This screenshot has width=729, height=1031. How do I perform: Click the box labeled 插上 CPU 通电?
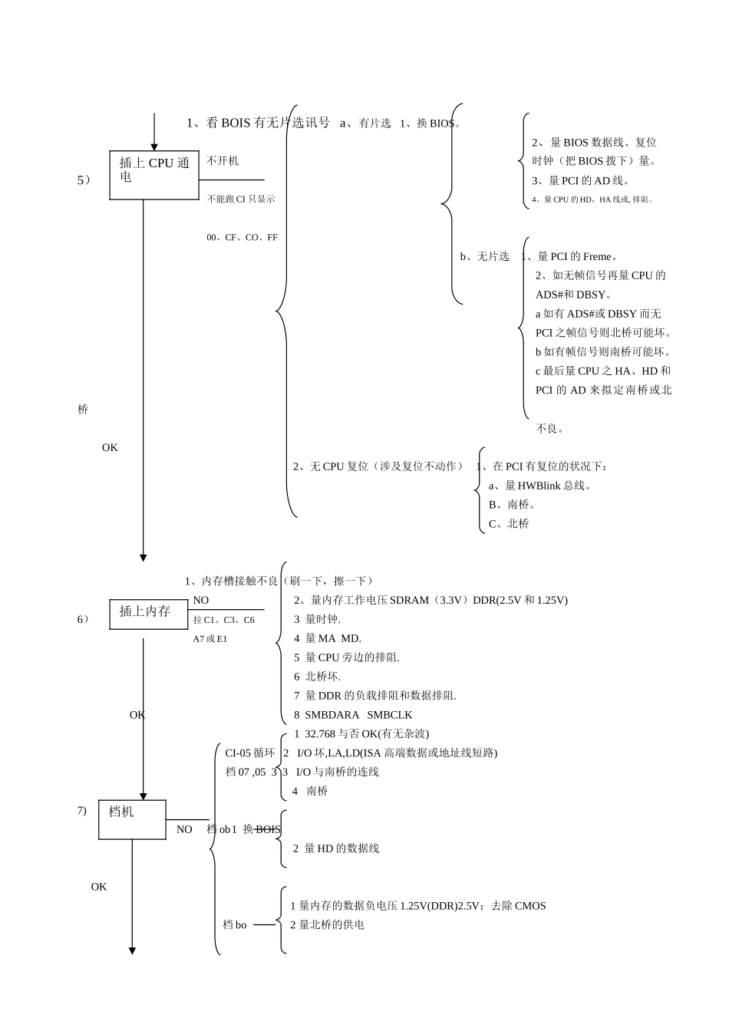[154, 175]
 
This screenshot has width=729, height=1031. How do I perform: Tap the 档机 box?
[132, 819]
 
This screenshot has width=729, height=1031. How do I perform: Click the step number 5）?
[84, 180]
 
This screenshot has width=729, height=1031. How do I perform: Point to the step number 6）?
[83, 619]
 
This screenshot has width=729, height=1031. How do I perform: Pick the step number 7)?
[81, 811]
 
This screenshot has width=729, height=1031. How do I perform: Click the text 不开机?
[223, 160]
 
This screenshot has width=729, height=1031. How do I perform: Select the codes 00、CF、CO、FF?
[242, 238]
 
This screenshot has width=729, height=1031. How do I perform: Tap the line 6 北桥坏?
[317, 677]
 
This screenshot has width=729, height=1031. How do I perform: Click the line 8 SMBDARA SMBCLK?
[353, 715]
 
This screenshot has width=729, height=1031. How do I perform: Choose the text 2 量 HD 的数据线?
[336, 848]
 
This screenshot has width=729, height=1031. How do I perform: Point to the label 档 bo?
[235, 925]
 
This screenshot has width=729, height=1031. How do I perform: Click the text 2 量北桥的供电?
[327, 925]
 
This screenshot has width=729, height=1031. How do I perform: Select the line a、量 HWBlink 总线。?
[540, 486]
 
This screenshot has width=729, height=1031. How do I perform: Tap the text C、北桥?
[509, 524]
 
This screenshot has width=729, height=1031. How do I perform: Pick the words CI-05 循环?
[249, 753]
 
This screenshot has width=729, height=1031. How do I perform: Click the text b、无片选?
[484, 257]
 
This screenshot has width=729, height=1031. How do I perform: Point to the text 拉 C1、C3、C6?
[223, 620]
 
